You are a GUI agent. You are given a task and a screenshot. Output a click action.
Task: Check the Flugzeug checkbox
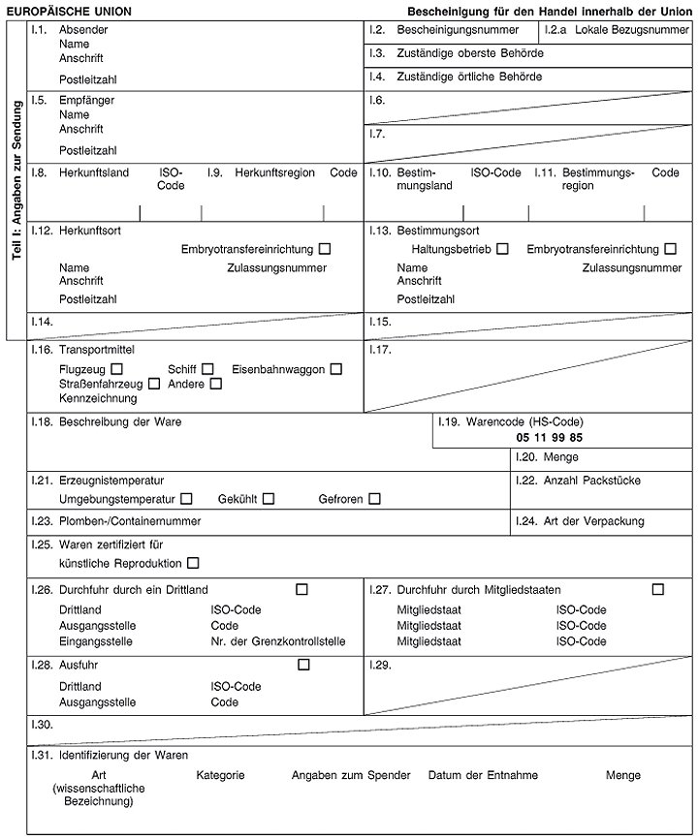116,369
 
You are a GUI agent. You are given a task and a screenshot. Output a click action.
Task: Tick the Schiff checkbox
206,369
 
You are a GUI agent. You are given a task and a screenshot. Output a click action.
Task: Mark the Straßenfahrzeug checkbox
154,384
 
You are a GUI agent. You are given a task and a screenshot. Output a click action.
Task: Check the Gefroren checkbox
373,499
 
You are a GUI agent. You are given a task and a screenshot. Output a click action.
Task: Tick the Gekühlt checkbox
269,499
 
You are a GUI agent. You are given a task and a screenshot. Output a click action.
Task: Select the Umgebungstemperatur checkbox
186,499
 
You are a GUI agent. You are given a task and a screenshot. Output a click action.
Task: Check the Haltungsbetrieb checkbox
502,250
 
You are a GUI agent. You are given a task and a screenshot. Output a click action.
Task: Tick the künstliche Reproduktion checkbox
193,563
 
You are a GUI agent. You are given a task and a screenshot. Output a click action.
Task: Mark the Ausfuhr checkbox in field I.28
304,665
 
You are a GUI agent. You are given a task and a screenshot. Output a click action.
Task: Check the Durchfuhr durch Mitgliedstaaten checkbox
658,589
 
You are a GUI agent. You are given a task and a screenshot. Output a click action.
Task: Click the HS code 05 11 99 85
549,438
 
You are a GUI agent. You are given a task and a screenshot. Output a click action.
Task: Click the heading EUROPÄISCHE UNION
69,11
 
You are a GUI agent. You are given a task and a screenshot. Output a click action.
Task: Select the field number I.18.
41,422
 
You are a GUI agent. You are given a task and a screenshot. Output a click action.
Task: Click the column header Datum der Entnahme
483,775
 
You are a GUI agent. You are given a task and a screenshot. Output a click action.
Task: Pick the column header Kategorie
220,775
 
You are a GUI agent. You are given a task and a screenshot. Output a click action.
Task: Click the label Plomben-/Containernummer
130,521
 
